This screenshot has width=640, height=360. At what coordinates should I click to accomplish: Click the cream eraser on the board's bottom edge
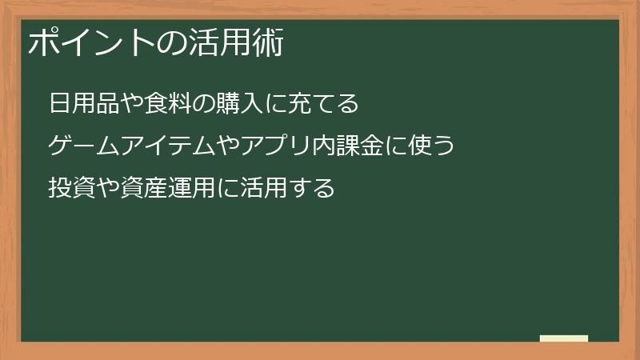564,338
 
